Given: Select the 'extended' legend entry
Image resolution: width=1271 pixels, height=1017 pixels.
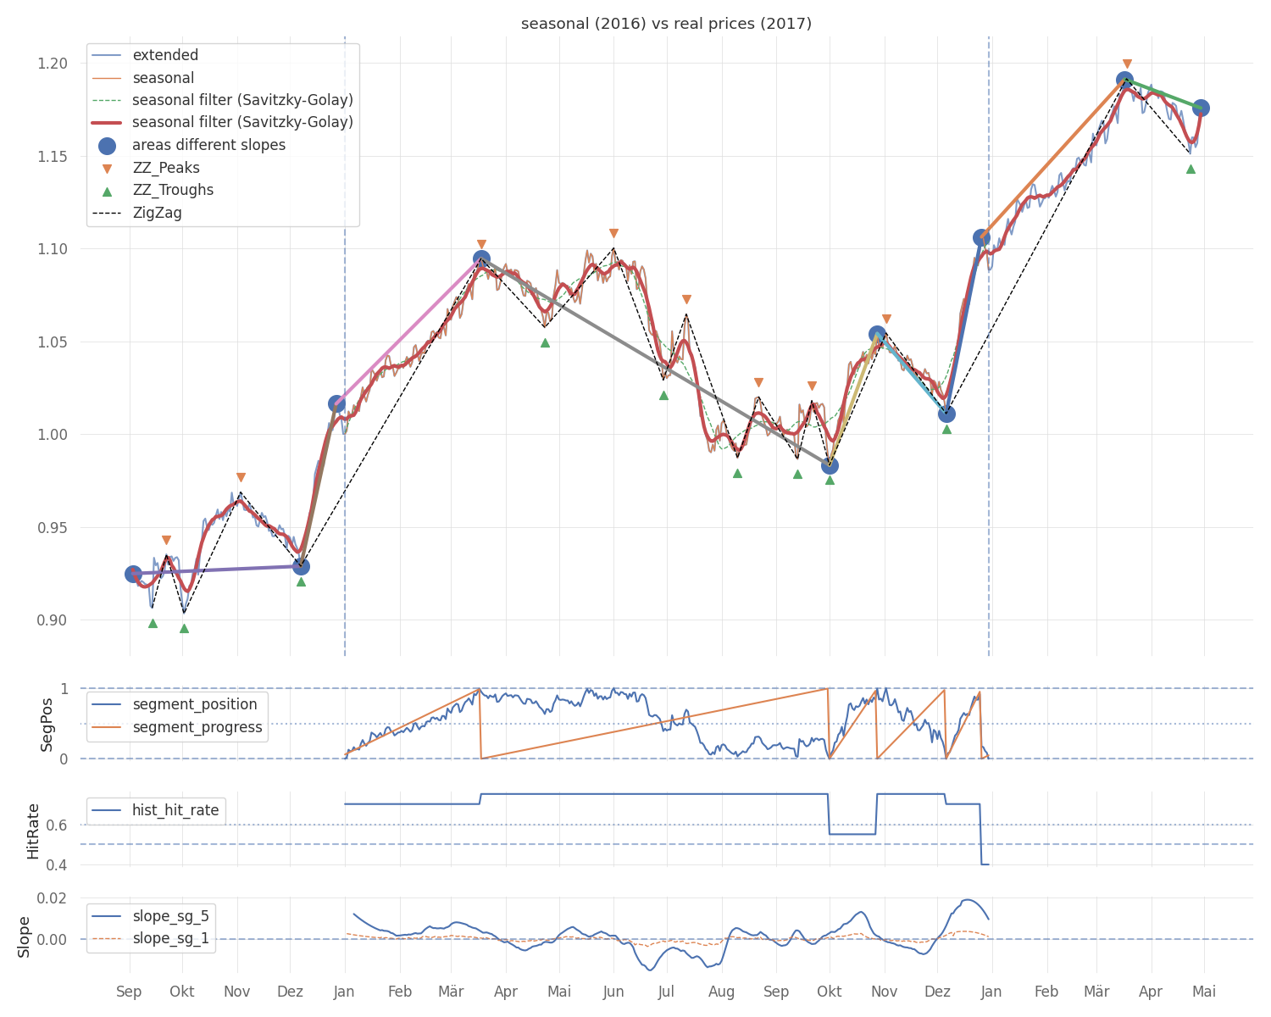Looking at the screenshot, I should click(x=165, y=55).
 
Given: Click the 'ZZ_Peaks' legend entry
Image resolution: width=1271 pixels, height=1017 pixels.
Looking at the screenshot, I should click(x=166, y=168).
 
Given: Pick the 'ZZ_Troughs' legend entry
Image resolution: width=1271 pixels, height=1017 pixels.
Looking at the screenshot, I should click(x=173, y=190).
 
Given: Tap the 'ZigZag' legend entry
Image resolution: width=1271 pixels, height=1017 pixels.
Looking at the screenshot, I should click(x=157, y=213).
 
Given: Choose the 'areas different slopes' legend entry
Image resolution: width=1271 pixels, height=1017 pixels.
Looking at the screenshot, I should click(x=208, y=145).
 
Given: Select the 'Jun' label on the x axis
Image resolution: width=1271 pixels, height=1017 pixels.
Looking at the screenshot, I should click(x=613, y=992).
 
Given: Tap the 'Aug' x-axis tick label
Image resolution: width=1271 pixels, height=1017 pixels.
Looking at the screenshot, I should click(x=721, y=992).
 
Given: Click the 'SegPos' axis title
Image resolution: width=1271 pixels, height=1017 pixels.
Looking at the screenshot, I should click(x=47, y=724).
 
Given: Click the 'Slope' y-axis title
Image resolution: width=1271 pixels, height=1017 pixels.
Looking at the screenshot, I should click(x=24, y=936).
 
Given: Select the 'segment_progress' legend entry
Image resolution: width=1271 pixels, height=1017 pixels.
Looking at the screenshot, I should click(x=197, y=727).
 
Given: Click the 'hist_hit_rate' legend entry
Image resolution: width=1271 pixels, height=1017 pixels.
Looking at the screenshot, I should click(x=175, y=810).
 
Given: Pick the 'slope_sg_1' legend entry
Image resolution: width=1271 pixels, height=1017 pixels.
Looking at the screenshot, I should click(x=170, y=938).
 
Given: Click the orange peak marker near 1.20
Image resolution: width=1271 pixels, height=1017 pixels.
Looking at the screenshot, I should click(x=1127, y=64).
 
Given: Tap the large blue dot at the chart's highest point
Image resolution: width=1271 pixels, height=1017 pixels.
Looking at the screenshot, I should click(x=1124, y=81).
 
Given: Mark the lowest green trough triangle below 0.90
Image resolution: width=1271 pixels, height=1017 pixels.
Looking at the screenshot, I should click(x=184, y=628).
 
